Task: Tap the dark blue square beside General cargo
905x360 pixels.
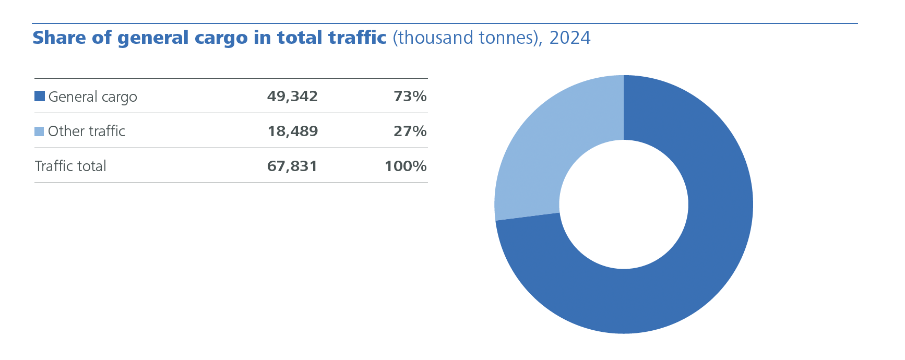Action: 40,96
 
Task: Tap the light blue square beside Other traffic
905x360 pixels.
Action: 39,131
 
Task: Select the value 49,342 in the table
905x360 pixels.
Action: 292,97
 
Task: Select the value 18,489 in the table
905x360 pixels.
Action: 293,131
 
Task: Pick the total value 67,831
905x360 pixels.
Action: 292,166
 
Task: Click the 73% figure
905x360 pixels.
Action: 410,97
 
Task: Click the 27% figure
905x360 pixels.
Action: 410,131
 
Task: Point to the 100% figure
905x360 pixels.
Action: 406,166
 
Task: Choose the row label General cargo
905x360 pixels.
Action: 92,97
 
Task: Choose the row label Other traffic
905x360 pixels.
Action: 87,131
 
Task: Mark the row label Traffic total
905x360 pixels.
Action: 70,166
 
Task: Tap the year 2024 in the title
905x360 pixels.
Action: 570,38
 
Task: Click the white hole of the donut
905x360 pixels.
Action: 624,205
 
